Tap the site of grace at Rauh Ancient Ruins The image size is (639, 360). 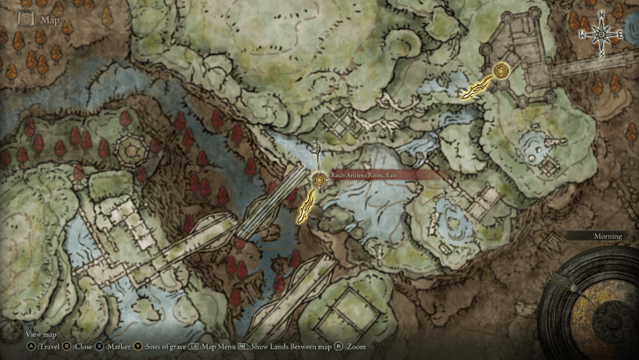pyautogui.click(x=319, y=181)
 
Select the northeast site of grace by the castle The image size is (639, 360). pyautogui.click(x=501, y=71)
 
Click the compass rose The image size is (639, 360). pyautogui.click(x=601, y=36)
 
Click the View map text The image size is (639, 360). pyautogui.click(x=41, y=335)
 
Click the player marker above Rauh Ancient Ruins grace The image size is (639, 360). pyautogui.click(x=316, y=149)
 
